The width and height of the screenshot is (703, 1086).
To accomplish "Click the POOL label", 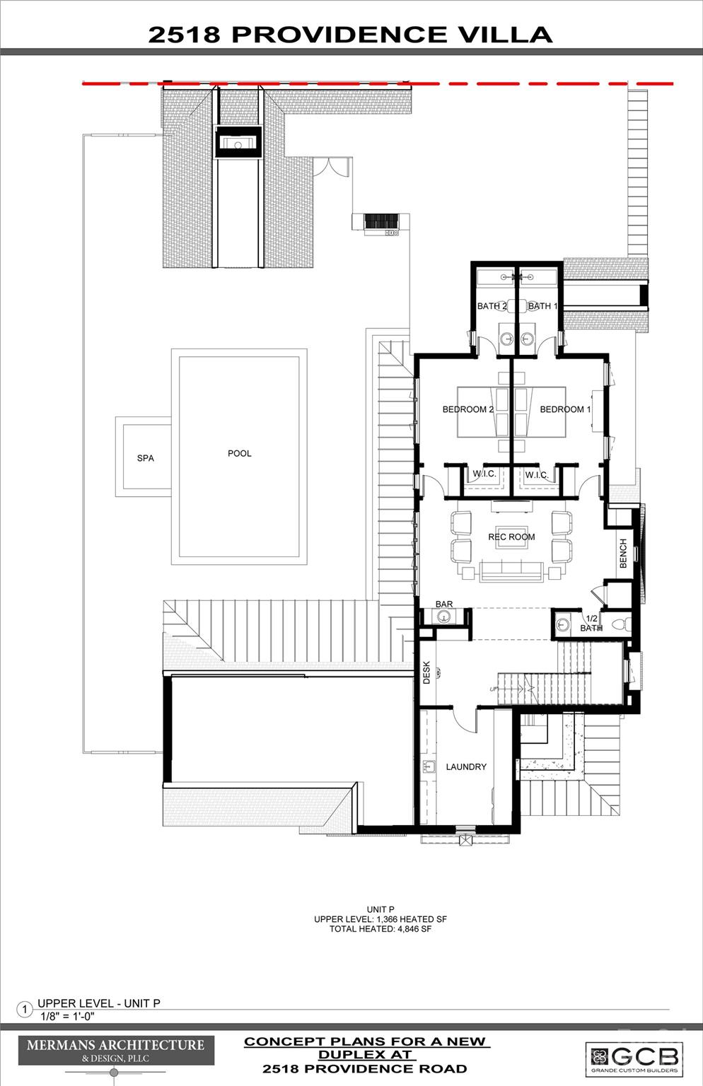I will (x=239, y=453).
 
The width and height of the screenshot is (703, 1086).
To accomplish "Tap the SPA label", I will (x=145, y=458).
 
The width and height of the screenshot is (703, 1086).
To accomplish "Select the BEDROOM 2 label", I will (x=467, y=409).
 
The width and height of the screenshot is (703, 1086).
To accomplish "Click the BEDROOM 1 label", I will (x=564, y=409).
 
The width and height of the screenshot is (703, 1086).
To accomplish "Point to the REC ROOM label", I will (x=511, y=537).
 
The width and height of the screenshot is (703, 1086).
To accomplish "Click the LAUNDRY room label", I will (x=466, y=766).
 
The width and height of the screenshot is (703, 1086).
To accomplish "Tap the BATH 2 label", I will (x=492, y=306).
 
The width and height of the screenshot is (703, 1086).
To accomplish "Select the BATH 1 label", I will (x=542, y=306).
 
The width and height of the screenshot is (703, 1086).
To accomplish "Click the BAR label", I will (x=444, y=604).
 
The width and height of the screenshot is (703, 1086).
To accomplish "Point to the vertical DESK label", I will (x=426, y=672).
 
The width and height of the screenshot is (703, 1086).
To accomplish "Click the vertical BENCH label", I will (x=623, y=553).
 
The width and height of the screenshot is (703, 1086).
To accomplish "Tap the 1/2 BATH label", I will (x=591, y=623).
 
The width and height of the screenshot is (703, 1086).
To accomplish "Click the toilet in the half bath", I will (x=617, y=625).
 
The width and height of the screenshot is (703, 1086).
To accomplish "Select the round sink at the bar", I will (x=443, y=617).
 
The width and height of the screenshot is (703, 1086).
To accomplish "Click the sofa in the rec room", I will (x=511, y=570).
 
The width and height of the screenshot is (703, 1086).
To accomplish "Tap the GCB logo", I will (x=634, y=1058).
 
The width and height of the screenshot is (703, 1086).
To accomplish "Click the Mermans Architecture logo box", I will (x=116, y=1050).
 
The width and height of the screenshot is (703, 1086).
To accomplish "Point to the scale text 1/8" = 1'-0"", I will (x=67, y=1017).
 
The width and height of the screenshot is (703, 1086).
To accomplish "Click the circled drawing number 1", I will (x=24, y=1010).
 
